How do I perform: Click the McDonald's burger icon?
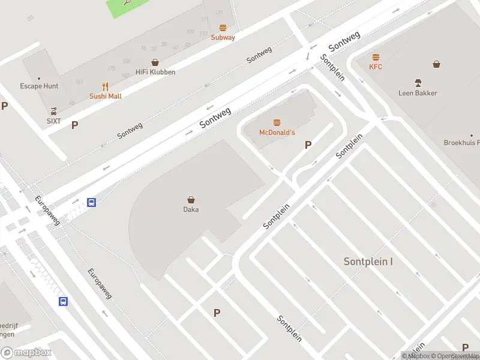point(277,122)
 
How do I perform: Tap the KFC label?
point(376,67)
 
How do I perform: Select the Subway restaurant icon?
point(223,28)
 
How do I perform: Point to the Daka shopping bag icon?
point(191,200)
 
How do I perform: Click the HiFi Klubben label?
point(155,72)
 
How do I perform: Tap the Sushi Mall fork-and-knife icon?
point(106,86)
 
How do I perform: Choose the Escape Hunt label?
point(39,86)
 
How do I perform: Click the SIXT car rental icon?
point(54,111)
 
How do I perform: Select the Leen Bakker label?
point(418,93)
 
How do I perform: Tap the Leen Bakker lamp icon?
point(418,82)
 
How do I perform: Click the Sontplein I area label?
point(368,262)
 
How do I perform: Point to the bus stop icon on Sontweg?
point(92,203)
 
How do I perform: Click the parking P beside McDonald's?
point(308,145)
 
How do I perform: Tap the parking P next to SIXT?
point(75,125)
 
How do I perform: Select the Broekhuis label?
point(461,143)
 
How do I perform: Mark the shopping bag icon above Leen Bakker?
point(437,64)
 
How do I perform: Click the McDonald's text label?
point(277,132)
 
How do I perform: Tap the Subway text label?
point(223,37)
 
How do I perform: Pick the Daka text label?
point(191,209)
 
